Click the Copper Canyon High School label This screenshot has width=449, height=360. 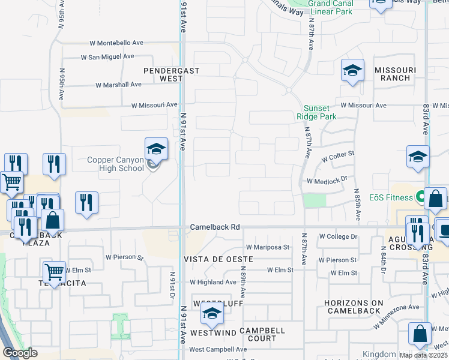tap(115, 164)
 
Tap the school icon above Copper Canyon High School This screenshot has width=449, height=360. tap(155, 148)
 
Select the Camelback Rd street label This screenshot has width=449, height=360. tap(215, 227)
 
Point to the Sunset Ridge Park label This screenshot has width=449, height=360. tap(316, 113)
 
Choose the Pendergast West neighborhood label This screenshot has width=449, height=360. tap(163, 74)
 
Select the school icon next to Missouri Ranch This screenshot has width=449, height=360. tap(353, 70)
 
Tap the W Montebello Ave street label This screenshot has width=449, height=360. tap(116, 43)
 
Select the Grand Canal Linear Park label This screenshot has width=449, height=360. tap(330, 7)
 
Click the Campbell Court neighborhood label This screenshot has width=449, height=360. tap(262, 334)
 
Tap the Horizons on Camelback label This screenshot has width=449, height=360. tap(353, 307)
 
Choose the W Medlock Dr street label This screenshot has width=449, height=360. tap(327, 179)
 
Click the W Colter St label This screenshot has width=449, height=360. tap(338, 157)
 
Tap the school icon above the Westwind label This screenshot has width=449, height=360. tap(211, 313)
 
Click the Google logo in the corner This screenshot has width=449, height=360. tap(20, 353)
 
